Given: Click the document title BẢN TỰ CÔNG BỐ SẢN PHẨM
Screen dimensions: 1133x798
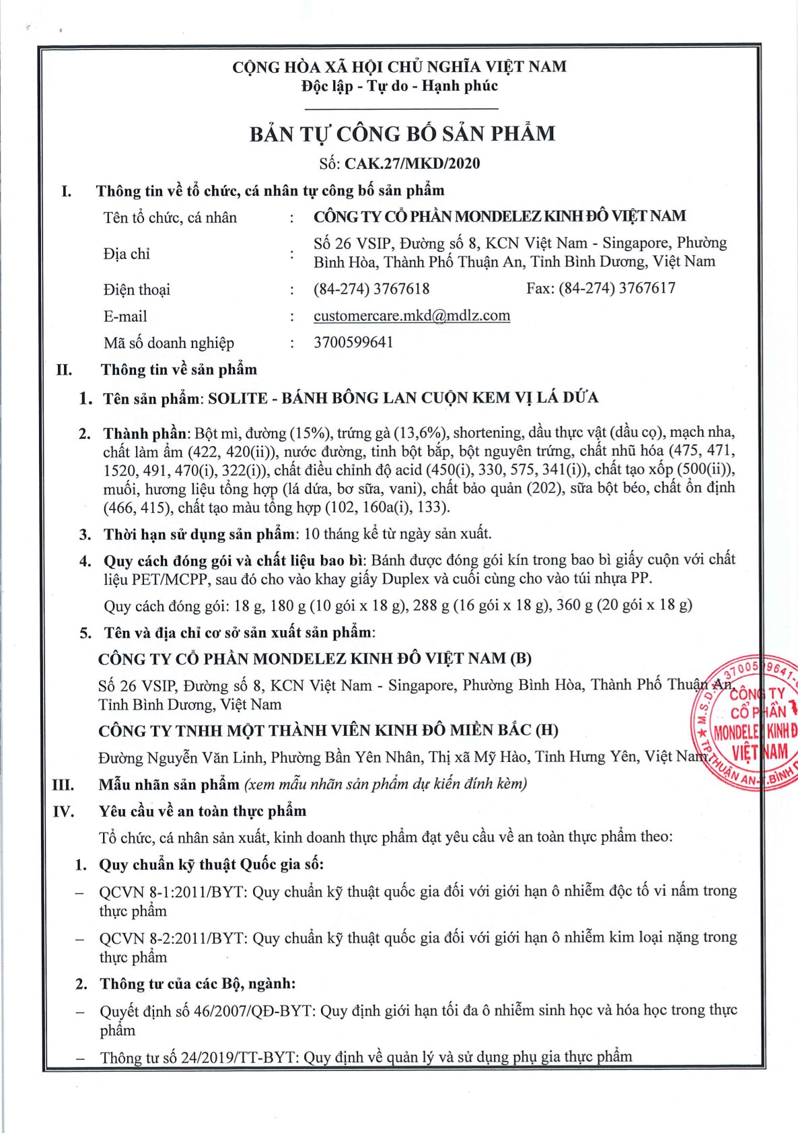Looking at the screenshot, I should point(402,133).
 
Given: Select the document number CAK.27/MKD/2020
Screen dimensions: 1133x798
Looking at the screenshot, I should point(412,164).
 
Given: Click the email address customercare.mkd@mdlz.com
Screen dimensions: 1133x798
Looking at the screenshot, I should point(412,316).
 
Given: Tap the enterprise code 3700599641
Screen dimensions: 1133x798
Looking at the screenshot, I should point(353,342).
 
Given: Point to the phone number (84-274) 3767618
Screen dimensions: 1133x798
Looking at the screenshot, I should point(371,289).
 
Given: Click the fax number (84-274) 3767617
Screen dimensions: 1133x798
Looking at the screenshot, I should point(617,288).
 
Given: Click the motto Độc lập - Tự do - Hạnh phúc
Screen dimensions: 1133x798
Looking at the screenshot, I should point(400,86).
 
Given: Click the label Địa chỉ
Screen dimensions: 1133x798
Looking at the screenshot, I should point(126,254).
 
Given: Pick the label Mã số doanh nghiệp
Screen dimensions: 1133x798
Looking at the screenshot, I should point(169,343).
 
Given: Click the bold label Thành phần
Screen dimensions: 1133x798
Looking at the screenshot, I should point(146,433).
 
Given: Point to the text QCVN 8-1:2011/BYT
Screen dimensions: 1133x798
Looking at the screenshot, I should point(173,891).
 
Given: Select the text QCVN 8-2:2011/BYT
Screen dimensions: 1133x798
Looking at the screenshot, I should point(173,938).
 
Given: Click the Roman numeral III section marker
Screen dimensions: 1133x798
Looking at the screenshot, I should point(63,785).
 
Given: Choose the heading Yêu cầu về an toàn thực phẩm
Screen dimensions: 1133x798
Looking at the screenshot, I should point(203,811).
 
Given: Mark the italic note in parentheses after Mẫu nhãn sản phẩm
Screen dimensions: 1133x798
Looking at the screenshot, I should point(386,784).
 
